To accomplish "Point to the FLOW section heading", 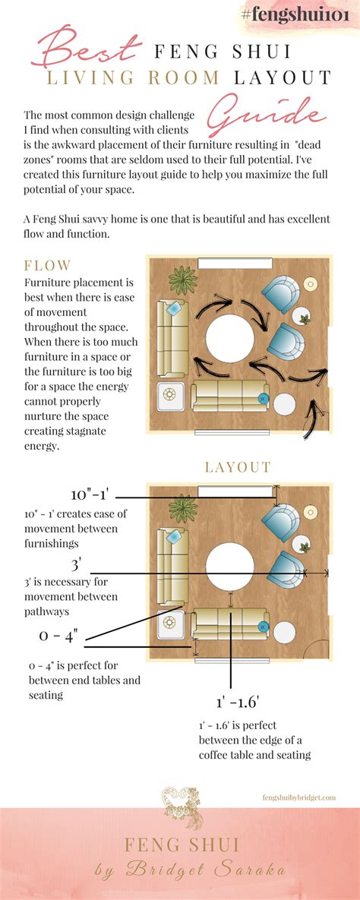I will [48, 265].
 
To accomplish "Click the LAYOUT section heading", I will [238, 467].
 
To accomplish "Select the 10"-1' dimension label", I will [90, 495].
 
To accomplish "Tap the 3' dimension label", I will [75, 565].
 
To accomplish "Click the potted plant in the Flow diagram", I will [183, 276].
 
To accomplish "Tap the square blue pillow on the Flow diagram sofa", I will [174, 308].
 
